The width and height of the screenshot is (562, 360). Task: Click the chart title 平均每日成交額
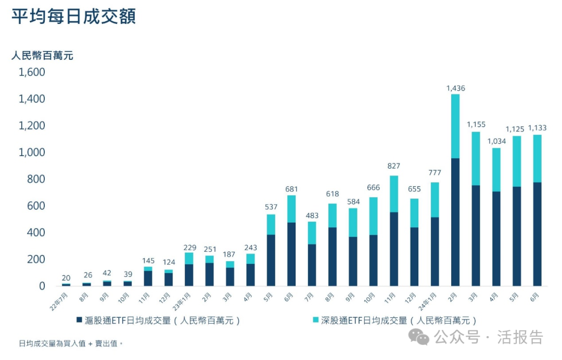tap(73, 17)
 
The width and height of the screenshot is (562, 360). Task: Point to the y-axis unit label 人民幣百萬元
tap(42, 56)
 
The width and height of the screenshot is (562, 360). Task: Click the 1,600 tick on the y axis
tap(32, 72)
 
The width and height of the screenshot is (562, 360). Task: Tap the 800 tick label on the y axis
tap(36, 179)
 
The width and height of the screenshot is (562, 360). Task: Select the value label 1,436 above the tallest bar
tap(455, 88)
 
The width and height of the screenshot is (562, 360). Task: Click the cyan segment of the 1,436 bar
tap(455, 126)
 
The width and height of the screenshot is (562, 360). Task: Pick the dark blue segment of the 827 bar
tap(394, 249)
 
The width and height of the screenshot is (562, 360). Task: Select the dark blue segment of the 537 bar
tap(271, 260)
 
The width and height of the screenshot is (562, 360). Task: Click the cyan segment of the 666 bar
tap(373, 216)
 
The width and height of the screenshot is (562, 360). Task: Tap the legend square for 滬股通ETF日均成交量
tap(79, 320)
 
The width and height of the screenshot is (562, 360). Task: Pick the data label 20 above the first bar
tap(66, 277)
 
